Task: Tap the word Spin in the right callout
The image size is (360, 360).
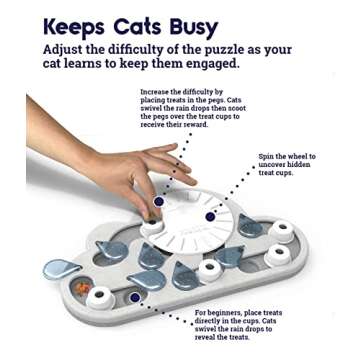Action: [267, 157]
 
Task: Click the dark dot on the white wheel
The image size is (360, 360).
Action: [210, 216]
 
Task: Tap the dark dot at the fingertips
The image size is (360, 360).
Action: [158, 201]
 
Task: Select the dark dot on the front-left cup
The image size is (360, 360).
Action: [135, 297]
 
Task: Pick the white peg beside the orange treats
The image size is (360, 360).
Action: [100, 296]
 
